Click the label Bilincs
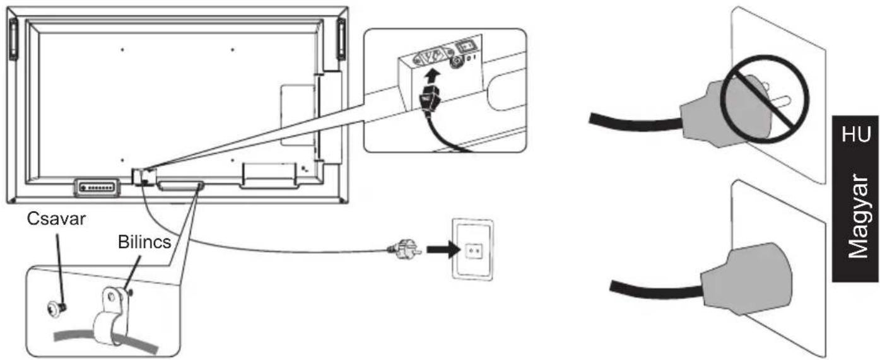143,242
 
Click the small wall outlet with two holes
473,250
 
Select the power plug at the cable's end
402,250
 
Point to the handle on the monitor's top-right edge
341,39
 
